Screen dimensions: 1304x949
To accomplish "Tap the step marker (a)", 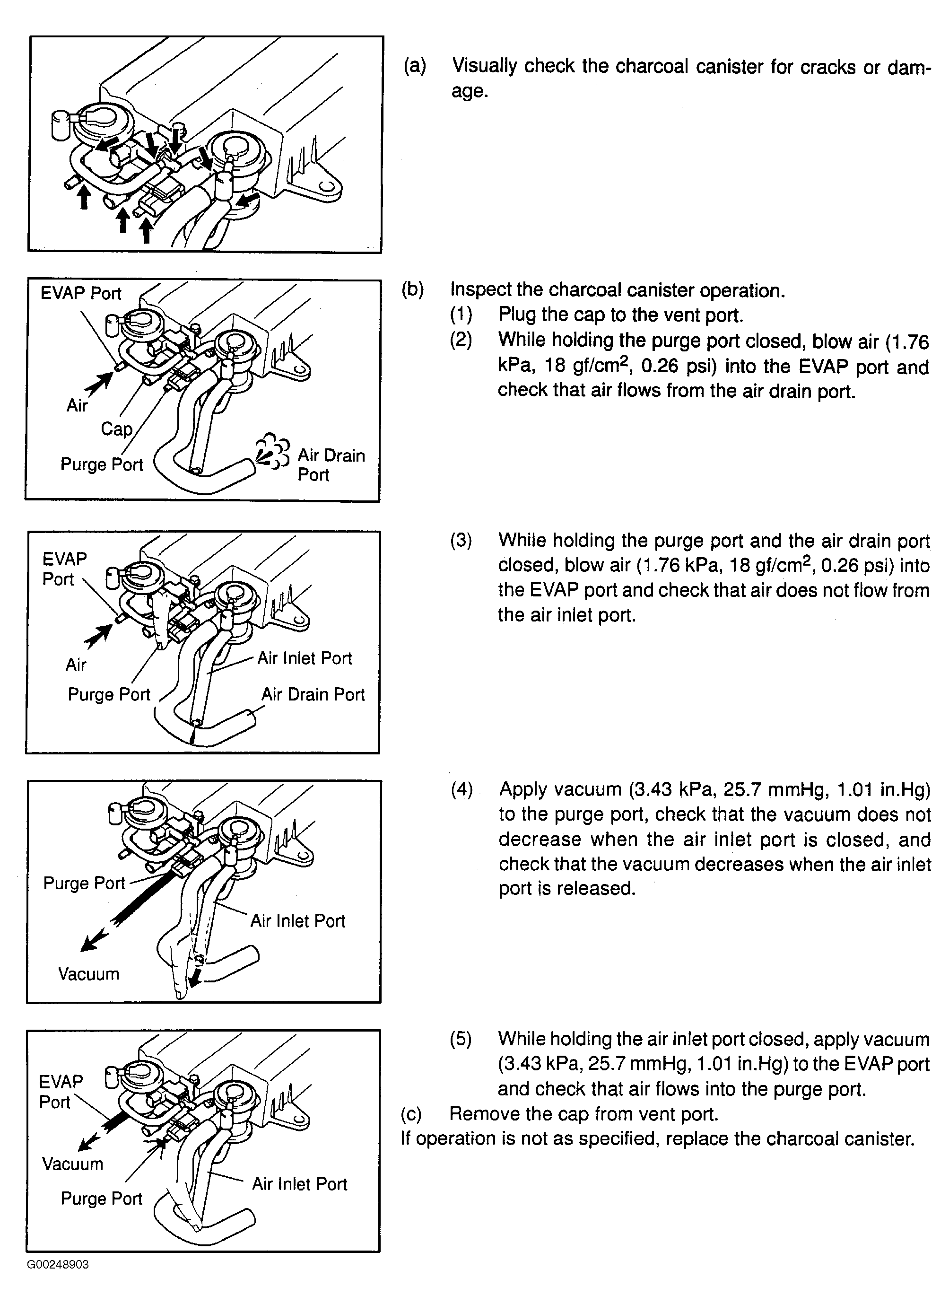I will pos(414,66).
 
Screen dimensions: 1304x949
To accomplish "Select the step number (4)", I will pos(461,789).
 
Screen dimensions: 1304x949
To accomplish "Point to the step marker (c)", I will pos(411,1114).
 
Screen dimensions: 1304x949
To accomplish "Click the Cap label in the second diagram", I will pos(117,429).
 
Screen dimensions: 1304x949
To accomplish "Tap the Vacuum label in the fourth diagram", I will pos(88,973).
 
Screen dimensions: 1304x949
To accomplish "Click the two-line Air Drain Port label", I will pos(331,464).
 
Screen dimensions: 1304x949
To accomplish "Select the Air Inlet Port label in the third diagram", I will pos(304,658).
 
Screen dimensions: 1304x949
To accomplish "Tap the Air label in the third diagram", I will pos(76,665).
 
